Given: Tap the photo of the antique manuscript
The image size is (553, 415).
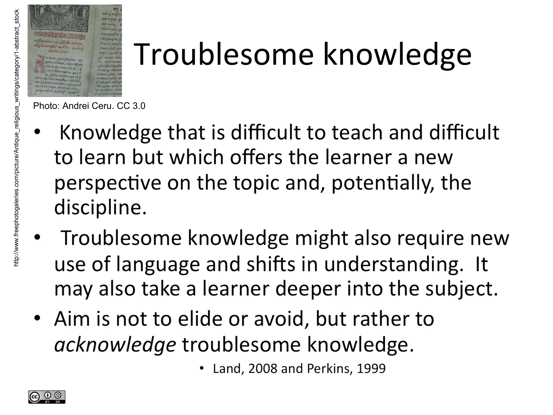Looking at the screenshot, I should tap(75, 51).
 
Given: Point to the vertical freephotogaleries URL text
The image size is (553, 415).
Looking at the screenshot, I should tap(16, 138).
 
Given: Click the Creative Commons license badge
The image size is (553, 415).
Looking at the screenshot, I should tap(47, 397).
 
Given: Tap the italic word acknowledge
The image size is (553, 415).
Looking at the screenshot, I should tap(115, 345).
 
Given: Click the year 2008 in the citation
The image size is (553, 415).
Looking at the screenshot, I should tap(262, 369).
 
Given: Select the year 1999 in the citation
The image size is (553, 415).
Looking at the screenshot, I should tap(371, 369).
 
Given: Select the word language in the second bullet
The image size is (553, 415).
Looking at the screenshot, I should tap(158, 264).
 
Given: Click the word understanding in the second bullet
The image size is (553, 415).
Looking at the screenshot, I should tap(393, 264).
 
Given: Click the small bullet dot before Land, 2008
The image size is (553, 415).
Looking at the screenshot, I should tap(201, 368).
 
